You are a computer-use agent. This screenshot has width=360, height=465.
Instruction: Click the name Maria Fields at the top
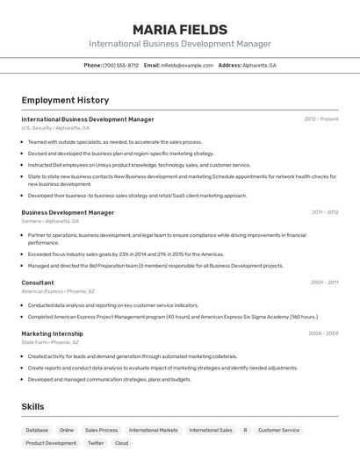180,30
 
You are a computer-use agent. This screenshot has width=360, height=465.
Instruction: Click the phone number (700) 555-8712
120,65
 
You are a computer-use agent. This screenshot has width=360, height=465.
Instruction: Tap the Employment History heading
65,100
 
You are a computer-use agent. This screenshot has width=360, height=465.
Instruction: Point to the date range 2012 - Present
321,119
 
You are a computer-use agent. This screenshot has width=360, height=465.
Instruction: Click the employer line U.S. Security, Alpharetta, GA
55,128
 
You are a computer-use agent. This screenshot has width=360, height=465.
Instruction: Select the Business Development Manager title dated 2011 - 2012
68,212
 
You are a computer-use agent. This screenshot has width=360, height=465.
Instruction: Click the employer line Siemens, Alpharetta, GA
54,221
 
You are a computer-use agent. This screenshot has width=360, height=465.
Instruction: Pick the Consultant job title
38,283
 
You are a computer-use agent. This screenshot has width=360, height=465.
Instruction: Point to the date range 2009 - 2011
324,283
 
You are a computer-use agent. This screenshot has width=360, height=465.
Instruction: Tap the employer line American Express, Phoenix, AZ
58,291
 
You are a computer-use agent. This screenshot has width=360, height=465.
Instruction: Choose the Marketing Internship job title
52,333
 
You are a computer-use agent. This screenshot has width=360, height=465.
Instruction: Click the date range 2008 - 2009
323,333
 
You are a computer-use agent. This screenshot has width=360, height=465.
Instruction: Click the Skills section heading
32,407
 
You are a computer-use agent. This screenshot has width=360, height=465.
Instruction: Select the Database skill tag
37,431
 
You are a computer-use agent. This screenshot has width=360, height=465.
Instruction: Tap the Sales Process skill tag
101,431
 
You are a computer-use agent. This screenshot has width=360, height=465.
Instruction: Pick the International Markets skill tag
154,431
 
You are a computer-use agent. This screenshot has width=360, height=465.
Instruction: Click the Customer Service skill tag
278,431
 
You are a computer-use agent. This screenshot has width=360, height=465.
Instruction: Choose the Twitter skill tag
96,444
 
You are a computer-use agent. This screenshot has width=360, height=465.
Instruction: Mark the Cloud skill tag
121,444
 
